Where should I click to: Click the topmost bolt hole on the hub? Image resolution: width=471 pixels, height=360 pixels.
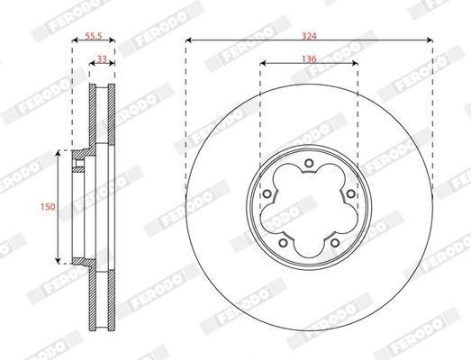309,163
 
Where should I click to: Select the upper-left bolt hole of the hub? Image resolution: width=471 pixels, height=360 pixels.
267,193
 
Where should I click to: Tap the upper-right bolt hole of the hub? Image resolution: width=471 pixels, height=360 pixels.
350,193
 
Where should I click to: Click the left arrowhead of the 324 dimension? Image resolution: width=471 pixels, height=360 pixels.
188,41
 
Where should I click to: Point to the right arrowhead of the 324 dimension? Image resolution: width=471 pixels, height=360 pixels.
430,41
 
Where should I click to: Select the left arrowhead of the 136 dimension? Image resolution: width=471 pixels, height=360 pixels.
262,64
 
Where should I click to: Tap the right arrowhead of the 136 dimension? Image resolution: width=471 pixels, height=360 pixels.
356,64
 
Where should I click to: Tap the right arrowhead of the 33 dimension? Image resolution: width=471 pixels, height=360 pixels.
113,64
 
